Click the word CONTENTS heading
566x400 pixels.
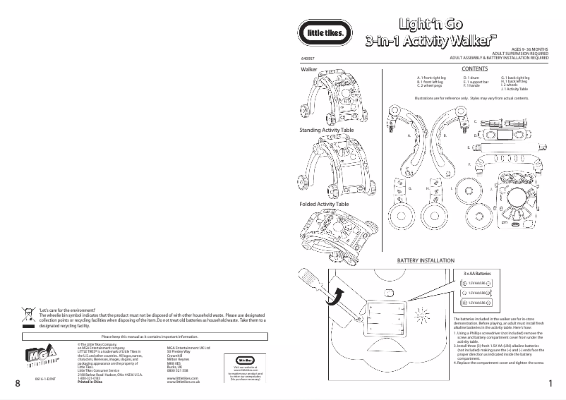474,68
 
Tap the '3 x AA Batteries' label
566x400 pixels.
476,272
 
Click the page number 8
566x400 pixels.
16,383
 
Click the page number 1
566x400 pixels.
549,383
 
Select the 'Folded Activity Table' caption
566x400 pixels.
324,204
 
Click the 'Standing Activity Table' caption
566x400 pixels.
327,131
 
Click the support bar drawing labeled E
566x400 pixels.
503,147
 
